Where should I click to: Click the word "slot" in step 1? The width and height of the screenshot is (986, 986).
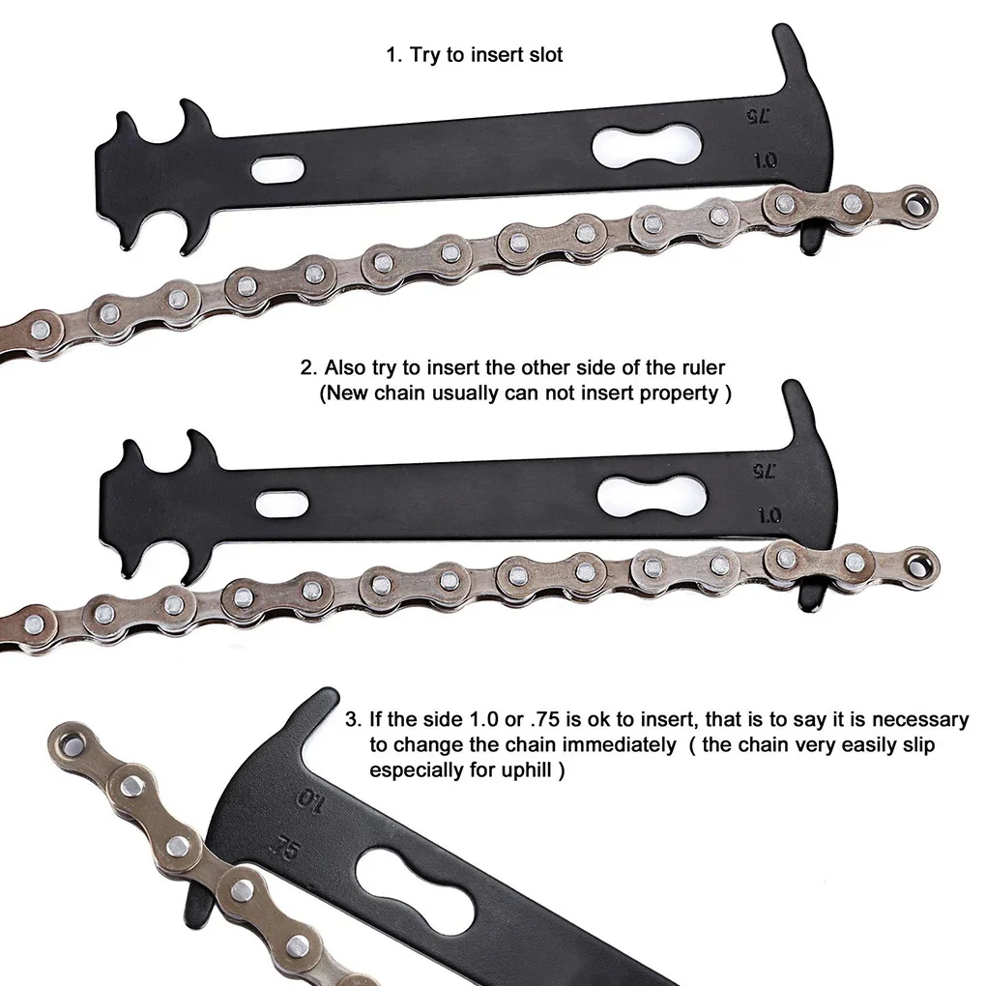click(x=542, y=55)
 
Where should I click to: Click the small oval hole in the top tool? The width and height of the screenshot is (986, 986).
click(x=276, y=170)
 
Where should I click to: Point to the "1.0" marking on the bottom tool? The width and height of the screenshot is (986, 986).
click(x=309, y=802)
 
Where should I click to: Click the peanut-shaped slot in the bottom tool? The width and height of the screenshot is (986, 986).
click(x=415, y=876)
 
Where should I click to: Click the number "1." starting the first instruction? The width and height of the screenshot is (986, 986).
click(x=393, y=55)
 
